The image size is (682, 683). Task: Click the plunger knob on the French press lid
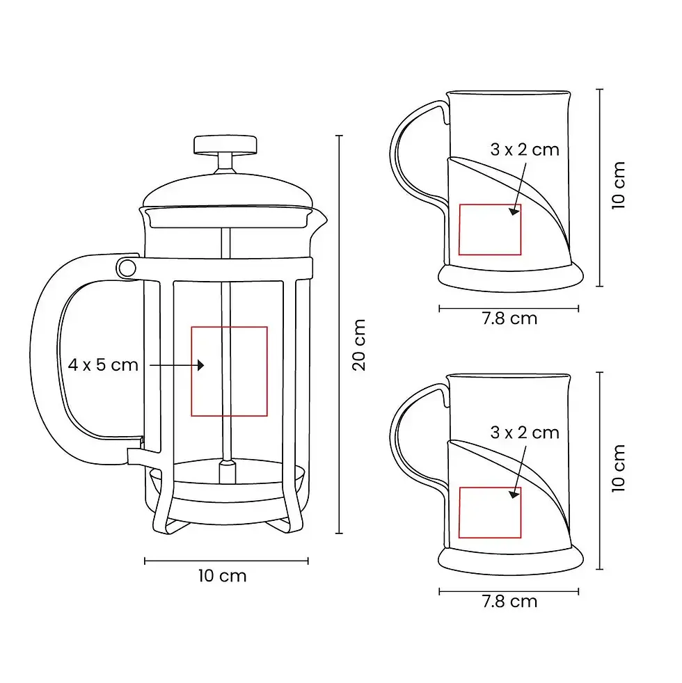225,145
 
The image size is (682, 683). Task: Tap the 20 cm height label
358,345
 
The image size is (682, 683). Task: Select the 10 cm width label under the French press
222,576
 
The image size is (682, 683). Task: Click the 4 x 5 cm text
103,364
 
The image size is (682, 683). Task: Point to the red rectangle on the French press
229,327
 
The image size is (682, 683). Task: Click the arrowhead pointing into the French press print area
200,365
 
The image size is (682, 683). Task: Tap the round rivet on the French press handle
127,268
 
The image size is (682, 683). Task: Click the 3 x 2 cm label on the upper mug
525,150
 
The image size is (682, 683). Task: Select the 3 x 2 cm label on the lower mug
525,433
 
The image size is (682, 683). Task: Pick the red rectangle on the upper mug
490,204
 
